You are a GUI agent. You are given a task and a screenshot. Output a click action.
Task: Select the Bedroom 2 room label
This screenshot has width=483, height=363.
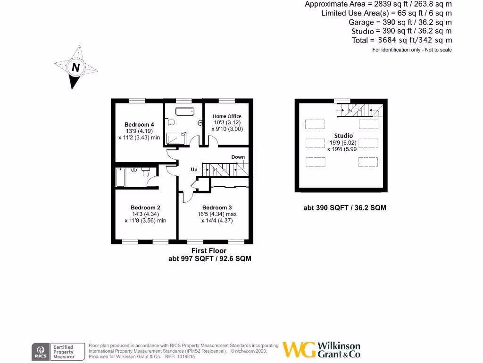[x=145, y=207]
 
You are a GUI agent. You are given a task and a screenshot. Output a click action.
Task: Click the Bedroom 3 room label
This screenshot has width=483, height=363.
[x=217, y=207]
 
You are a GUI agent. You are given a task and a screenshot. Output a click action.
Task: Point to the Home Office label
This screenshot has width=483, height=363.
[x=227, y=116]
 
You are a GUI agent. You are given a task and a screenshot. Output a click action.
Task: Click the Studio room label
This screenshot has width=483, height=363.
[x=343, y=136]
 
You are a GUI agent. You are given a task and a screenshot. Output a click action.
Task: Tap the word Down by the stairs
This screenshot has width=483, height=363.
[x=238, y=157]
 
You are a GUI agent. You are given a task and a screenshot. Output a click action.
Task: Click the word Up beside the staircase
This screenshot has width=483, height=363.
[x=194, y=169]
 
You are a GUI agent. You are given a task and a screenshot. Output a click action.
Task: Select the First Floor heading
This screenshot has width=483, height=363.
[x=208, y=251]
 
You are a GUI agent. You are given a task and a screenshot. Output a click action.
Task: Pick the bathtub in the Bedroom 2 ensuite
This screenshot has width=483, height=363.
[x=120, y=177]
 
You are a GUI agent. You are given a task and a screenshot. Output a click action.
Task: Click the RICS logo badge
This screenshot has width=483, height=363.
[x=40, y=351]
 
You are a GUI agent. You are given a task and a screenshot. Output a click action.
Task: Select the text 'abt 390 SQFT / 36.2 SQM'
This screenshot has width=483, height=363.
[x=345, y=207]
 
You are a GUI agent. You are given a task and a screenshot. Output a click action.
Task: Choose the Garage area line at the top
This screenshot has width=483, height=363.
[x=400, y=22]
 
